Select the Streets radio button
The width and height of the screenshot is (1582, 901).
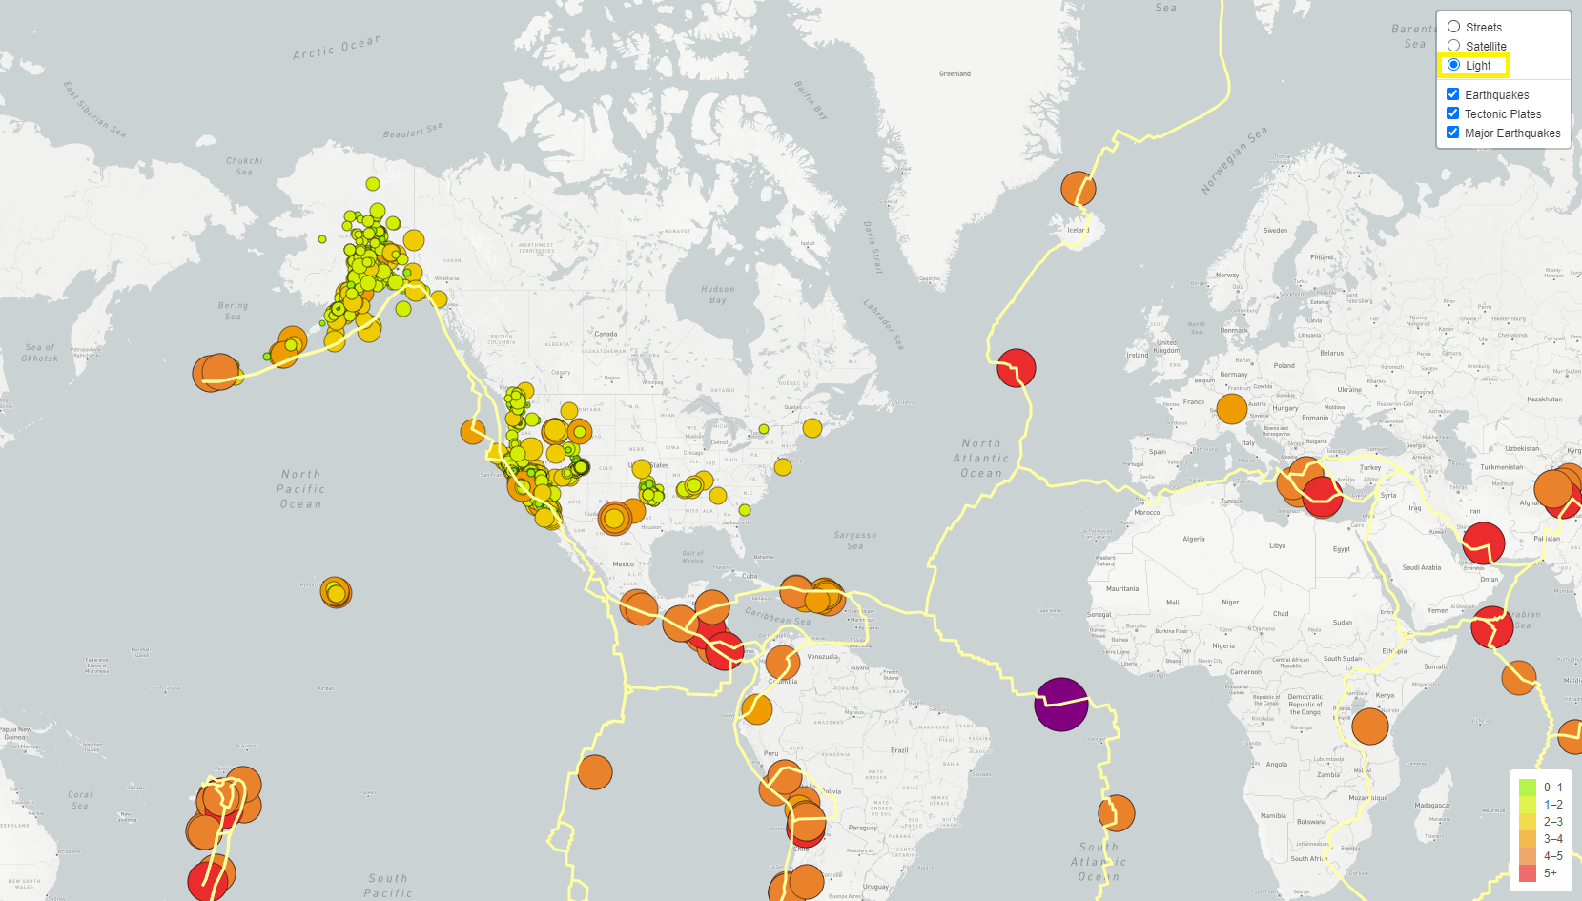click(x=1454, y=27)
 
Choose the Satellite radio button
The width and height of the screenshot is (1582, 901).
click(x=1454, y=46)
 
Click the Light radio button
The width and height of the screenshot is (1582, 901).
click(x=1454, y=65)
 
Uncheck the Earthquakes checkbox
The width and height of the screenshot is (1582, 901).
click(x=1453, y=94)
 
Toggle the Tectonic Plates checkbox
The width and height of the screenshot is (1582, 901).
click(x=1453, y=113)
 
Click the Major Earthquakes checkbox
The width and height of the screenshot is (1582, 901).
click(x=1453, y=133)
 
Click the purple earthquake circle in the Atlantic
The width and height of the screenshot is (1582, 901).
click(x=1061, y=705)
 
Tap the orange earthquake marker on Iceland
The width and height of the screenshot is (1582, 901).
click(x=1079, y=189)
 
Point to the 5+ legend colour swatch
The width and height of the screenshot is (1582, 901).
click(x=1528, y=873)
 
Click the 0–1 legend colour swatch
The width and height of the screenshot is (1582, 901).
click(x=1528, y=788)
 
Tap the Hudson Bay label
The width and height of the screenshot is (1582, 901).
click(x=718, y=294)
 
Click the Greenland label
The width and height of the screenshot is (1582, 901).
click(x=955, y=73)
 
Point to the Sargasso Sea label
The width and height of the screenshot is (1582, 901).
click(x=854, y=541)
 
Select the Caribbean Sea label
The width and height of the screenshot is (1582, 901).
click(x=777, y=616)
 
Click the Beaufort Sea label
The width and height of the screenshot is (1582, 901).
click(x=413, y=131)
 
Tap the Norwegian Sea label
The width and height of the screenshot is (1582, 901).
click(x=1234, y=160)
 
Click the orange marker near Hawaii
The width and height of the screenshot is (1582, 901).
click(x=336, y=592)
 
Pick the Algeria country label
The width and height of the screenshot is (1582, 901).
click(x=1194, y=539)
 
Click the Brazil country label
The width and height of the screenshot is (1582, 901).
click(x=899, y=750)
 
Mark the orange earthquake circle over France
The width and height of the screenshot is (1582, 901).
click(x=1232, y=409)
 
